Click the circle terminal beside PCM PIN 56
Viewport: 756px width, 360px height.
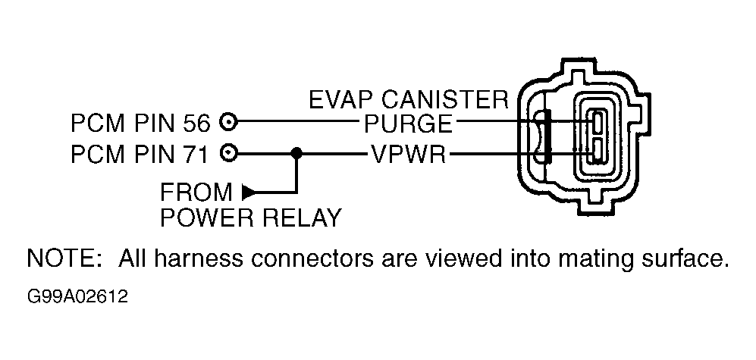pos(228,122)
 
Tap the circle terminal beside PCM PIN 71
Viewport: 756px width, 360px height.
pos(228,154)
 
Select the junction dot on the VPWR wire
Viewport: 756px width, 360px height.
pos(296,154)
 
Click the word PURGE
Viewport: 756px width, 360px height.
pos(408,124)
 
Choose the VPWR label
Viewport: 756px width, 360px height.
pos(408,155)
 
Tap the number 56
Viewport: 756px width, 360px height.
pos(196,124)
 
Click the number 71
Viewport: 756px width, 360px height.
pos(196,155)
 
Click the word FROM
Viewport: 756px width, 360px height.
pos(196,193)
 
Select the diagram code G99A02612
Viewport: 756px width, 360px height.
pos(78,296)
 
